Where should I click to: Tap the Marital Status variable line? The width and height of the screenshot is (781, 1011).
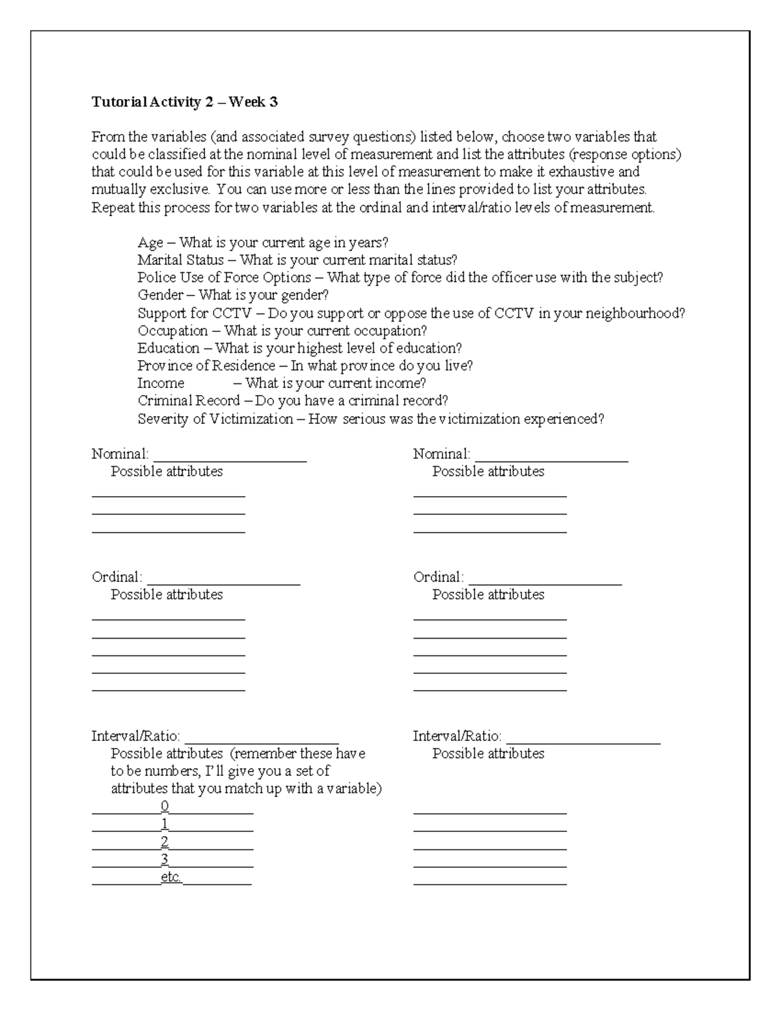[297, 260]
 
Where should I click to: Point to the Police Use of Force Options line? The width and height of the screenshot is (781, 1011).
[400, 278]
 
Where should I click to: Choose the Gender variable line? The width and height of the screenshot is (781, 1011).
[233, 296]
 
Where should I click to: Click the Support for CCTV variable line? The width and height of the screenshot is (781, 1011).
[411, 313]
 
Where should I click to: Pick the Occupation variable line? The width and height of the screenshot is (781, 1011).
[282, 331]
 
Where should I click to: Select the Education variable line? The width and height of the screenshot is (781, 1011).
[299, 348]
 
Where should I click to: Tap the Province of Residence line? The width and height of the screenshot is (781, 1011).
[305, 366]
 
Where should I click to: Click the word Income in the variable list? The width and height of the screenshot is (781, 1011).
[161, 383]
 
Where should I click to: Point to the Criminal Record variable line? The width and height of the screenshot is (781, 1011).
[292, 401]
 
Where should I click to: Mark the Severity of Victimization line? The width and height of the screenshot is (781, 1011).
[370, 419]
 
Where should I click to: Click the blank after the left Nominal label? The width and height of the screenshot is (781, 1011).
[230, 456]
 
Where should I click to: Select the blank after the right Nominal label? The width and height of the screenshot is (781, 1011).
[551, 456]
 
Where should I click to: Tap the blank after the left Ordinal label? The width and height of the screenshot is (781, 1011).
[223, 579]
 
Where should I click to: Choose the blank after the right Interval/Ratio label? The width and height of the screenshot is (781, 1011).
[583, 738]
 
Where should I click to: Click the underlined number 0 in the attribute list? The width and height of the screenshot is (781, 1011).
[165, 807]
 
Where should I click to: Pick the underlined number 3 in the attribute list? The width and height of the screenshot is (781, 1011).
[165, 859]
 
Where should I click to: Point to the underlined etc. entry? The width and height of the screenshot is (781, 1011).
[171, 878]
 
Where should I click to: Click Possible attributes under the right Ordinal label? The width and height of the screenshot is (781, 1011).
[488, 594]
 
